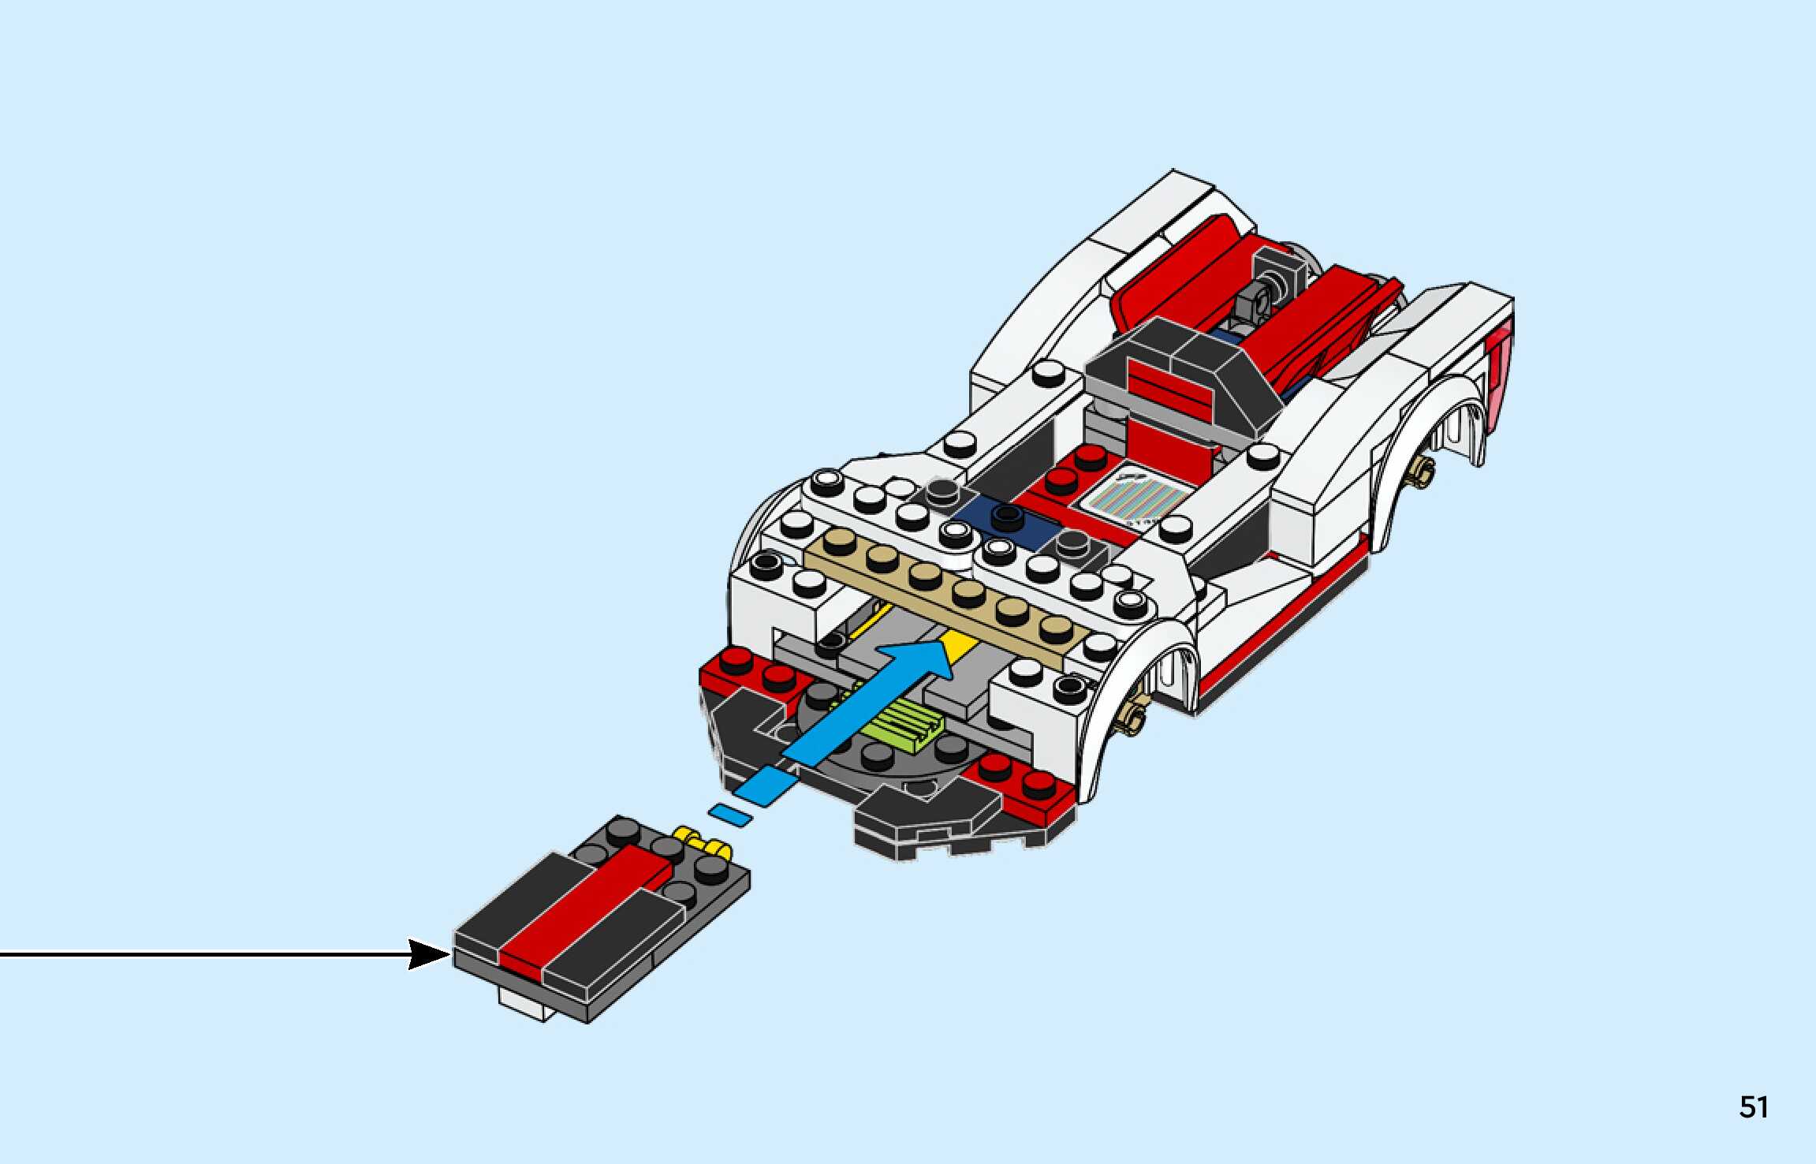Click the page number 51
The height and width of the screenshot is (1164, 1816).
point(1754,1107)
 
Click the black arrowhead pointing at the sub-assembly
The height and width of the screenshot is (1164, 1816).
point(429,954)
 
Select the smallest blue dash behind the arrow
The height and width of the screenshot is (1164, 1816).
point(729,815)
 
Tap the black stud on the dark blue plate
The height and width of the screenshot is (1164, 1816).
point(1007,517)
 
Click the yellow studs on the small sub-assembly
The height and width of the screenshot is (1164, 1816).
point(702,842)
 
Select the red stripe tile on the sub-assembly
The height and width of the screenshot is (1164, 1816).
point(587,907)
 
